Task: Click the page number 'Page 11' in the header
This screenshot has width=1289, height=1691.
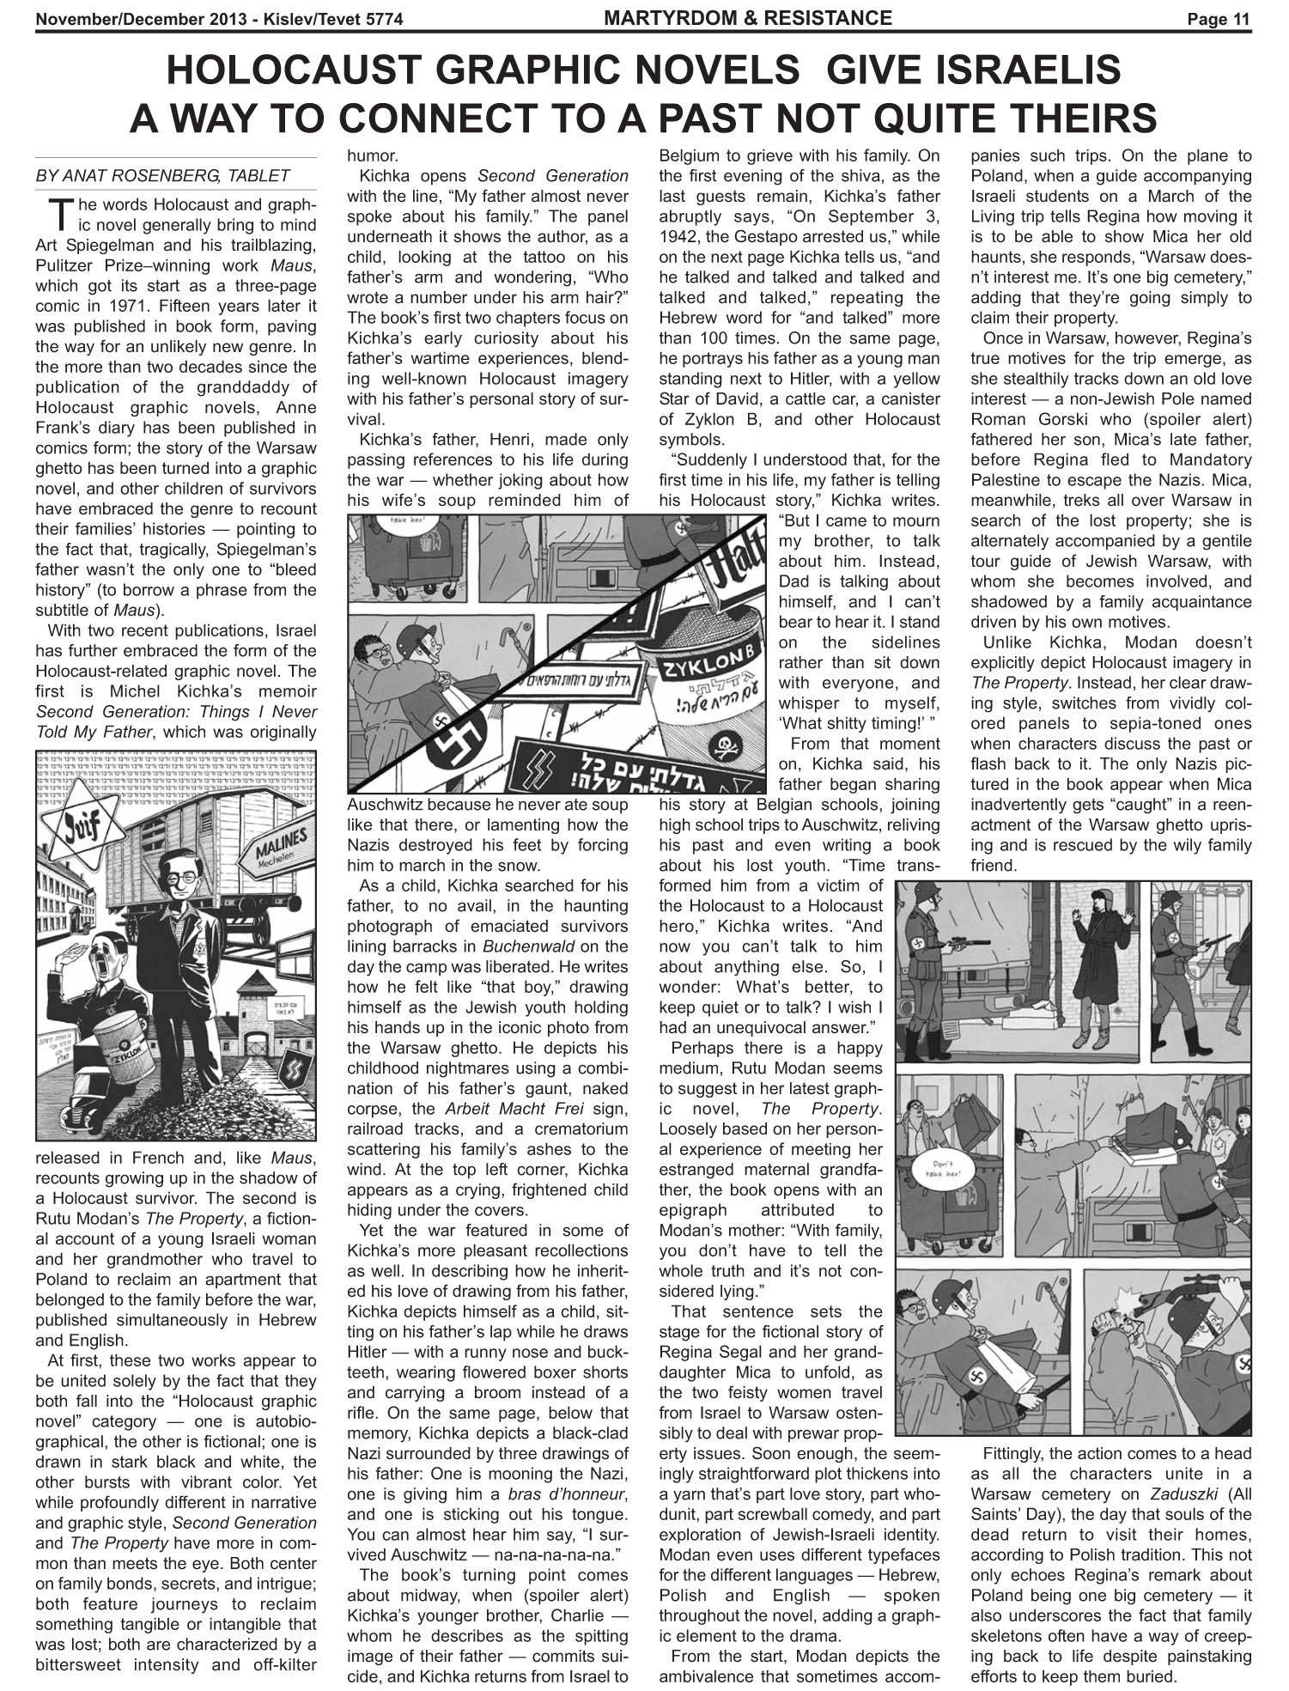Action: coord(1219,19)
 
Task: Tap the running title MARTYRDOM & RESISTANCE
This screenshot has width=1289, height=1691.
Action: coord(748,17)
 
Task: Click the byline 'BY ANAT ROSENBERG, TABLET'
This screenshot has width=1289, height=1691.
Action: coord(162,175)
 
